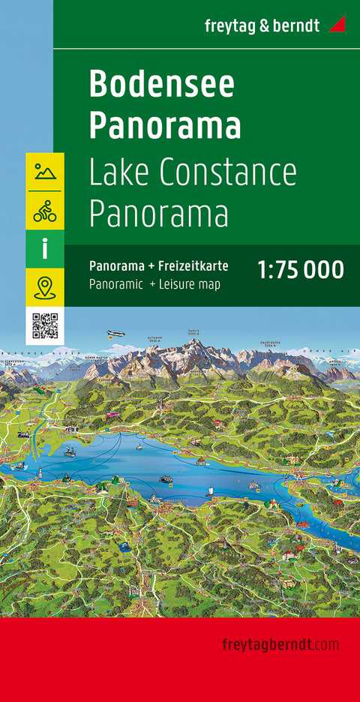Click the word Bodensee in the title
coord(161,86)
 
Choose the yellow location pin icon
coord(45,288)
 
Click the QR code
coord(45,326)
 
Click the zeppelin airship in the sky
coord(116,334)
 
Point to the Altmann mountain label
coord(154,338)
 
